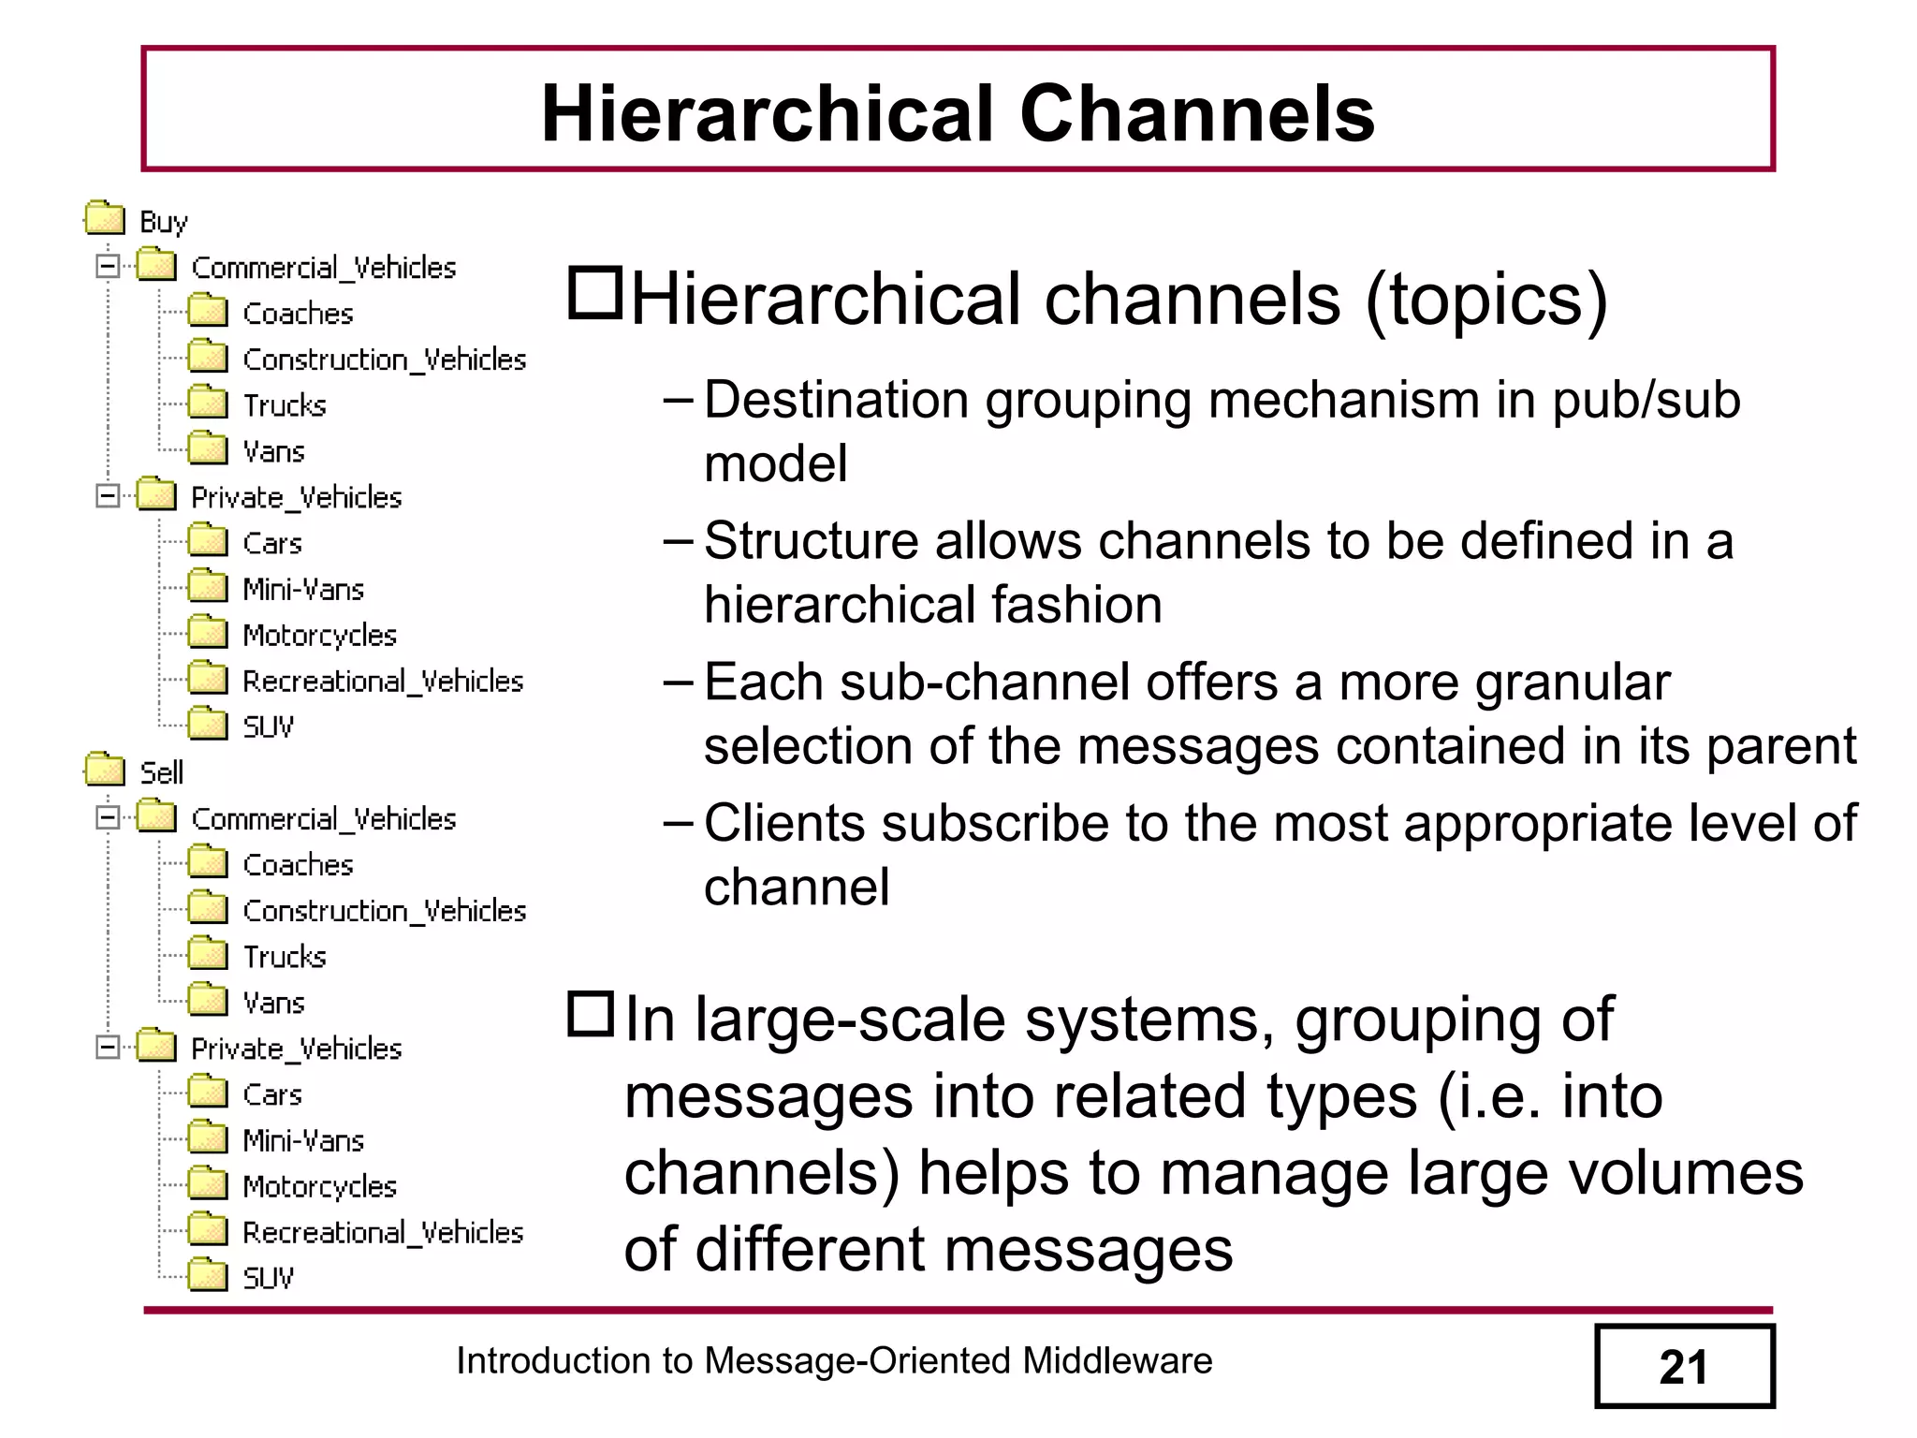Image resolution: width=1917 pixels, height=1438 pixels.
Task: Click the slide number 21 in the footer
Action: (1683, 1367)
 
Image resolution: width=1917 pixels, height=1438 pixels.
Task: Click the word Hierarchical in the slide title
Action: (768, 114)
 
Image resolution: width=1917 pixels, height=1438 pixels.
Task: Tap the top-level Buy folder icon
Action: (104, 219)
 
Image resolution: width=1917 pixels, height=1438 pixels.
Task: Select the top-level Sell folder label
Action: (161, 773)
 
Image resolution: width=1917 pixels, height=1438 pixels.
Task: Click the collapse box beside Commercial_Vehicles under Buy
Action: (108, 267)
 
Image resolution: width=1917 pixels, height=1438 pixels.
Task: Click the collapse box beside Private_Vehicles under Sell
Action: (108, 1048)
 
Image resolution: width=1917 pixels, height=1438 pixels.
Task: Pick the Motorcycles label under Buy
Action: (319, 635)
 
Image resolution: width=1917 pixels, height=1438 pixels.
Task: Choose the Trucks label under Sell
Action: (285, 957)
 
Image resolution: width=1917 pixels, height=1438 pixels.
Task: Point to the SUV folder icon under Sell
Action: (207, 1276)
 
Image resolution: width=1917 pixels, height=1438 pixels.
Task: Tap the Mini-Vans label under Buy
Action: (302, 589)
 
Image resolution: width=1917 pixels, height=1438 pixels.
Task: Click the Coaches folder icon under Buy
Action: (207, 312)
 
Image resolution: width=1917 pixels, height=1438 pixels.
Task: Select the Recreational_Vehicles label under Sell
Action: (382, 1232)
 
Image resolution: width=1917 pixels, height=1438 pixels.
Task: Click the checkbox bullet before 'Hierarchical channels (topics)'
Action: (594, 293)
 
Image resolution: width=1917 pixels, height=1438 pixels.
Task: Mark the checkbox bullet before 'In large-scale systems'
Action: (591, 1014)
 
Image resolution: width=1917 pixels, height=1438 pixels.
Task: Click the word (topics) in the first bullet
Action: (1486, 301)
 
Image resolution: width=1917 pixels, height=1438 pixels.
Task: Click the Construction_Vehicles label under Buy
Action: (384, 359)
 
